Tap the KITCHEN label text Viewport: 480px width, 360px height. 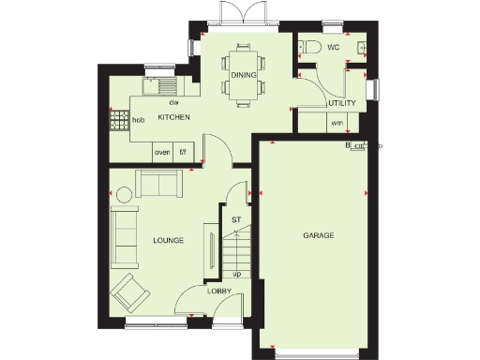(x=174, y=117)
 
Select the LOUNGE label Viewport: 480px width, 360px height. (x=169, y=241)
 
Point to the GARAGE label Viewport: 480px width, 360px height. (x=319, y=234)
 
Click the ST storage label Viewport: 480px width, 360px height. (x=236, y=219)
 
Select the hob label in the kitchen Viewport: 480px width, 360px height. (x=138, y=120)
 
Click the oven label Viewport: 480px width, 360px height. (x=161, y=150)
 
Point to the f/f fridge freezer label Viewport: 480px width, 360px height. (x=183, y=150)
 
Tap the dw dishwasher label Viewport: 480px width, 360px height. (x=173, y=102)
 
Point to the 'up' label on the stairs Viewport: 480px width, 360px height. (x=236, y=274)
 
